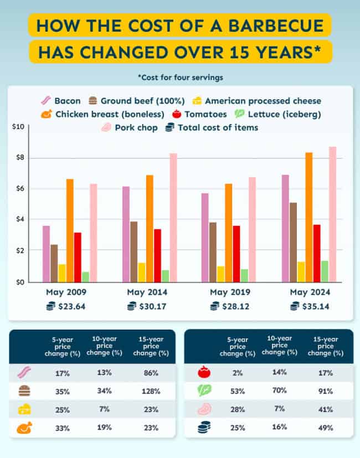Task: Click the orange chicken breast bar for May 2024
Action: pos(308,217)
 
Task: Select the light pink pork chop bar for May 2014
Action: pos(173,218)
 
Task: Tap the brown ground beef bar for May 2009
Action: pos(54,263)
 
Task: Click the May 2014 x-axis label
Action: pos(147,292)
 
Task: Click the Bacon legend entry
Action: pos(63,101)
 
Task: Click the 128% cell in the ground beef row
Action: pos(151,391)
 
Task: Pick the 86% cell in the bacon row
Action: pos(151,373)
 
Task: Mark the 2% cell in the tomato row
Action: pos(238,373)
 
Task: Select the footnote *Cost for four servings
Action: pos(180,77)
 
